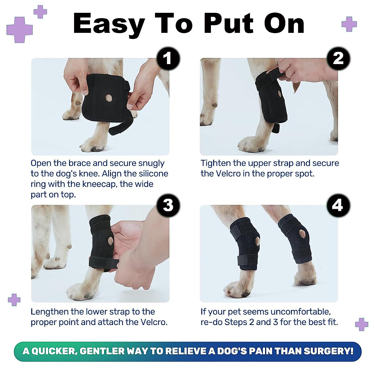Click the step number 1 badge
[x=168, y=58]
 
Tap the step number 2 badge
[x=338, y=58]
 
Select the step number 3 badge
[x=168, y=205]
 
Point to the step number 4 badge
[x=338, y=205]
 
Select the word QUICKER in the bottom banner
[x=53, y=351]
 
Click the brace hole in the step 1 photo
[x=109, y=98]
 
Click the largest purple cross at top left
[x=19, y=30]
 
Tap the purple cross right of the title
[x=349, y=24]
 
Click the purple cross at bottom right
[x=362, y=324]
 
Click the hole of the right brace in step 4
[x=302, y=233]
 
